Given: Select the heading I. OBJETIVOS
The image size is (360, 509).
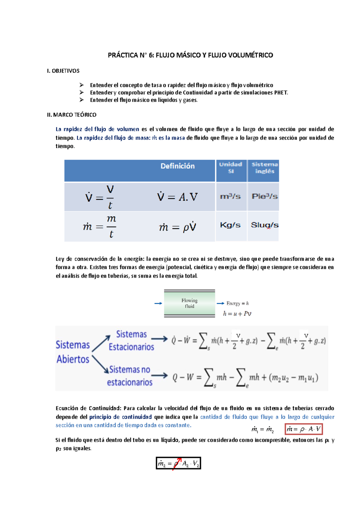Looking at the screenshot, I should click(63, 71).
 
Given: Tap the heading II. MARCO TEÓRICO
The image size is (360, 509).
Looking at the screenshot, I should click(72, 115).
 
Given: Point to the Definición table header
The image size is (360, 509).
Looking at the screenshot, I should click(177, 166).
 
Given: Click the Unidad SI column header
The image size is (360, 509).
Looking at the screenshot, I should click(231, 168).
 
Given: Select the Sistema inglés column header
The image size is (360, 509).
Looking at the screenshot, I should click(265, 168).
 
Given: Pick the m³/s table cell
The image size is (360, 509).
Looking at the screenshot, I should click(230, 197).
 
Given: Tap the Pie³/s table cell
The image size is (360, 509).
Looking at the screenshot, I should click(264, 197).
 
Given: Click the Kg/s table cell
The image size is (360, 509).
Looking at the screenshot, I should click(230, 225).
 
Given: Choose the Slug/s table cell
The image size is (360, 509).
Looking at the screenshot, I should click(264, 225).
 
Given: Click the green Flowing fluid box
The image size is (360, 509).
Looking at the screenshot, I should click(189, 303).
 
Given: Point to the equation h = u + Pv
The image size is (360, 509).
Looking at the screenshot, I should click(237, 314).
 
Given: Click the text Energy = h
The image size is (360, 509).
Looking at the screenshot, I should click(238, 303).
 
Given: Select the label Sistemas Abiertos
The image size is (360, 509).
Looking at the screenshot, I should click(73, 352).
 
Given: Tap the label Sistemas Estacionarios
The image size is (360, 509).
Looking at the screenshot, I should click(131, 341).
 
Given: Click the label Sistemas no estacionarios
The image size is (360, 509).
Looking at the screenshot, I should click(130, 376).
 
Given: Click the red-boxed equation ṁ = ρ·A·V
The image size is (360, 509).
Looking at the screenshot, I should click(304, 429).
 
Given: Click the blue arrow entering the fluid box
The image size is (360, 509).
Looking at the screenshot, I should click(158, 303).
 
